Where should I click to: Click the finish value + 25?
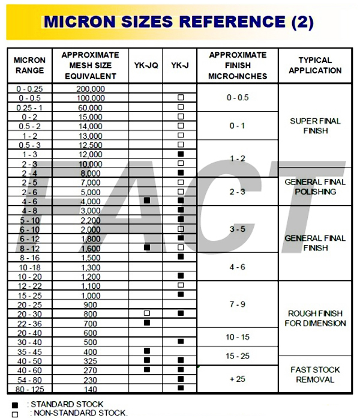tap(238, 379)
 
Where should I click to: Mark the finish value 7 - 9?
tap(238, 304)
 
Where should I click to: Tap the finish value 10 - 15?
tap(238, 338)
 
